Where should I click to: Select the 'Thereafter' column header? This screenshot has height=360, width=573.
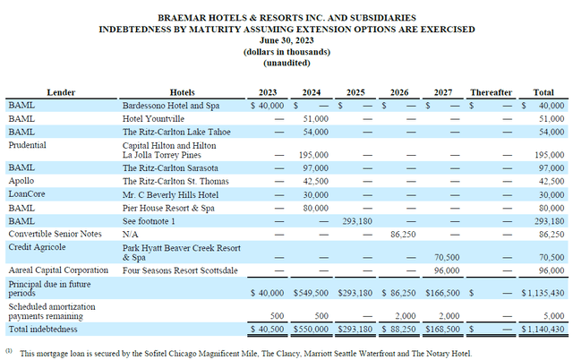pyautogui.click(x=492, y=91)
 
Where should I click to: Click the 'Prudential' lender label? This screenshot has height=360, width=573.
pyautogui.click(x=30, y=143)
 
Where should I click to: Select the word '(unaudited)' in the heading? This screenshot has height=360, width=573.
pyautogui.click(x=286, y=64)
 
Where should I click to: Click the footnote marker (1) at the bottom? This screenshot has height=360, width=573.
pyautogui.click(x=10, y=351)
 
